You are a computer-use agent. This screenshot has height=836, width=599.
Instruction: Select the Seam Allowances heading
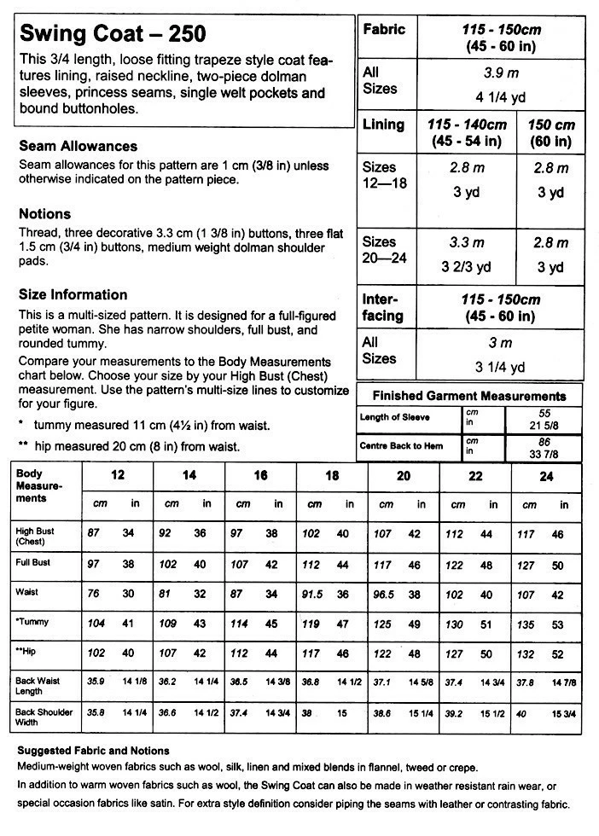79,146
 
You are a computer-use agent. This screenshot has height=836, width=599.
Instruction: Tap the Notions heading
44,214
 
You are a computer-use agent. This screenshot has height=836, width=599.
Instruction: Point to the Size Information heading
73,295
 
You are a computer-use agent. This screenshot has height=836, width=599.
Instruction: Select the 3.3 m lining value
466,243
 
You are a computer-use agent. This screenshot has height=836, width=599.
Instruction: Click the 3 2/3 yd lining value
466,267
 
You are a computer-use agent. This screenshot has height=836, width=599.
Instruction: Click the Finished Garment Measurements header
469,396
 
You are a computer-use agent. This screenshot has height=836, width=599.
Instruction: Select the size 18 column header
332,476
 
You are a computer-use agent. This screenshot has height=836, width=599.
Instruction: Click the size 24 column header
546,476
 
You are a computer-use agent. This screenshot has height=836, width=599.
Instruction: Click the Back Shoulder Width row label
44,717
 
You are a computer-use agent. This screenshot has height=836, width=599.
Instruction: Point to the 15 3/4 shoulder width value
564,712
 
